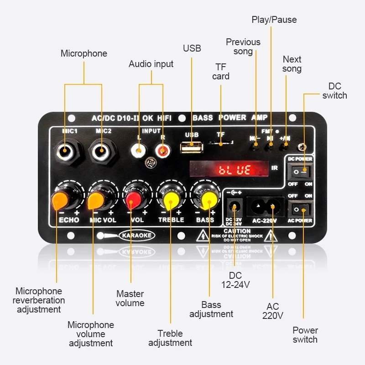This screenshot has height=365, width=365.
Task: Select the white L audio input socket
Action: click(139, 149)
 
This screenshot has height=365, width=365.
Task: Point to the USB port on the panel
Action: click(192, 146)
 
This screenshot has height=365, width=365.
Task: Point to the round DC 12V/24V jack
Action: click(235, 207)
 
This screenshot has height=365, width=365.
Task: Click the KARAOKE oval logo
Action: click(136, 235)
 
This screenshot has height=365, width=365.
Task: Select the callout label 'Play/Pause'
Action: click(274, 20)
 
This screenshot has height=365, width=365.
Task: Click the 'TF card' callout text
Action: click(221, 72)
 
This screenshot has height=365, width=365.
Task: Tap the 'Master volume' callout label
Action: click(130, 298)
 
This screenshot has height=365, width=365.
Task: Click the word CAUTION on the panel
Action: click(237, 231)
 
